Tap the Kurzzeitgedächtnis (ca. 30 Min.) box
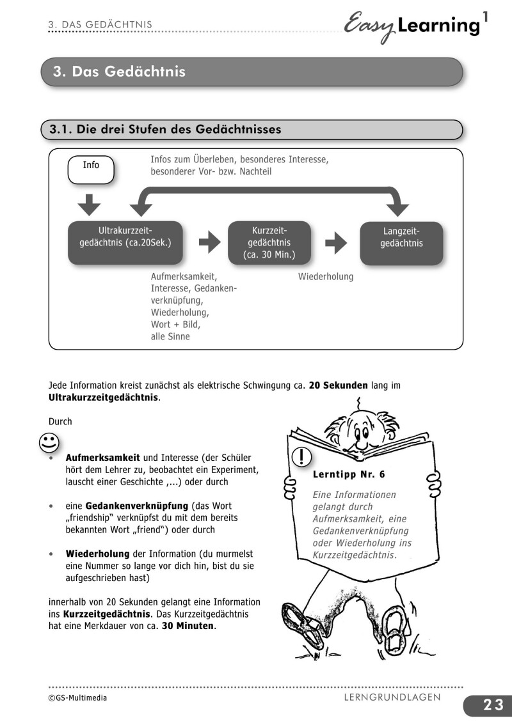tap(269, 243)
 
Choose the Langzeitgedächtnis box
tap(401, 243)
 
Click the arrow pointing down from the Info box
tap(92, 205)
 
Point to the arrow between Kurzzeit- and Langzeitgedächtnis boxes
tap(336, 243)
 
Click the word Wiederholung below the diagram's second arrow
tap(325, 277)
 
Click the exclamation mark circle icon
tap(301, 456)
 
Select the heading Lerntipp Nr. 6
tap(349, 475)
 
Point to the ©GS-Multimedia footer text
tap(77, 697)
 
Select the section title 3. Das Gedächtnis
tap(119, 72)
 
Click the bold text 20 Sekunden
tap(338, 385)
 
